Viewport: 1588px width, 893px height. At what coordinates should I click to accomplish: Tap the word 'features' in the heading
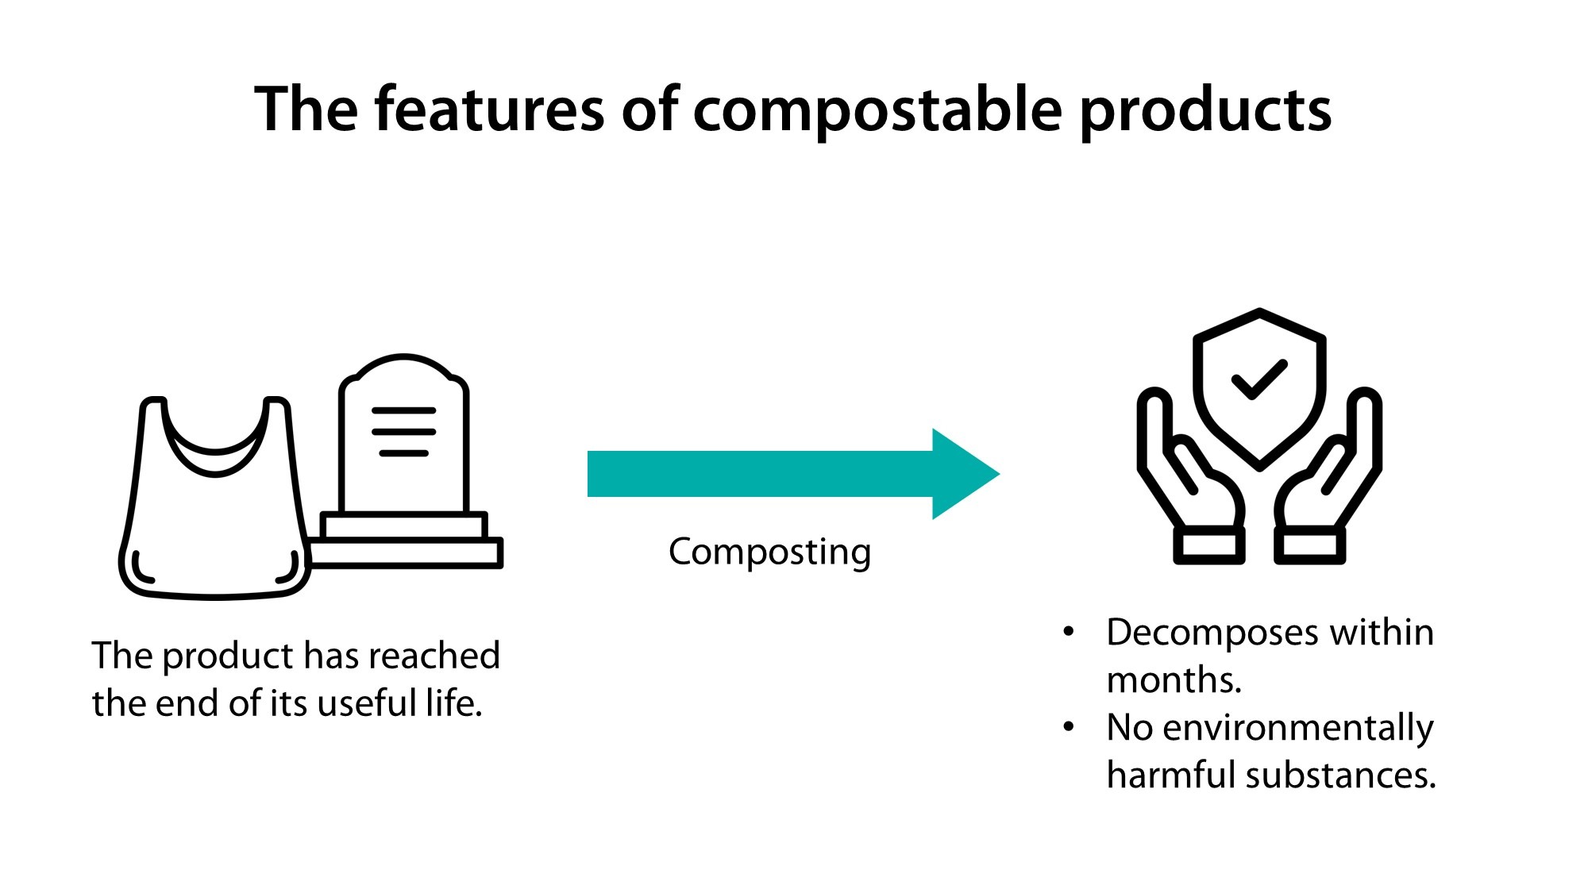coord(488,110)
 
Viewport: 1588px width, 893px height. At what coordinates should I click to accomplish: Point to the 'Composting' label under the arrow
coord(769,552)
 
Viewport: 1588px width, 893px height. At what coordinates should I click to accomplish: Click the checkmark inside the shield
coord(1259,379)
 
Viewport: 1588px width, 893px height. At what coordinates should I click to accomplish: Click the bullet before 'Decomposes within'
coord(1069,632)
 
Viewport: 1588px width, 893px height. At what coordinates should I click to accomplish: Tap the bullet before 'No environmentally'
coord(1069,726)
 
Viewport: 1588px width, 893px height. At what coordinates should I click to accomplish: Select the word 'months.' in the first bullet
coord(1174,680)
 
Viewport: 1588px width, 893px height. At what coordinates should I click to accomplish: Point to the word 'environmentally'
coord(1298,728)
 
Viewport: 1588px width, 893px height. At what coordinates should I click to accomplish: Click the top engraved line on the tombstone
coord(404,411)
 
